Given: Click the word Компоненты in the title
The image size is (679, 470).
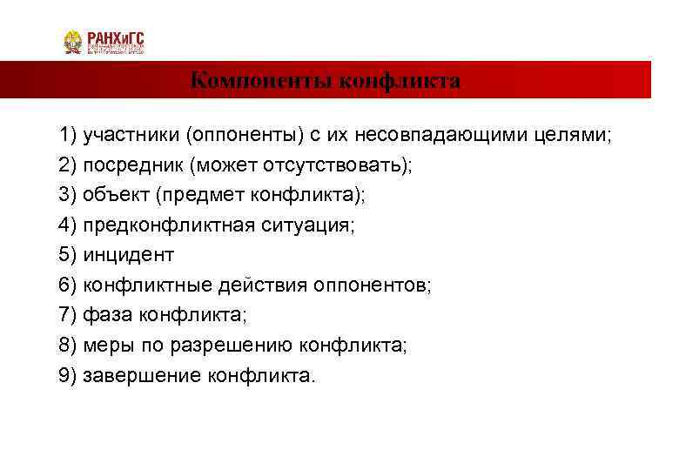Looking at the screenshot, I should pos(261,82).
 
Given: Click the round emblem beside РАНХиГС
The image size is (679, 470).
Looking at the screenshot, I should pos(73,42).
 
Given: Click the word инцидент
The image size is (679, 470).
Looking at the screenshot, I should pos(129,254).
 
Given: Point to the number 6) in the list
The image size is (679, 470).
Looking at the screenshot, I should pos(68,284).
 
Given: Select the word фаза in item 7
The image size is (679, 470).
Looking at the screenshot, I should pos(103,313).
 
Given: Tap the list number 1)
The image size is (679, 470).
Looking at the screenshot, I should pos(68,136).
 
